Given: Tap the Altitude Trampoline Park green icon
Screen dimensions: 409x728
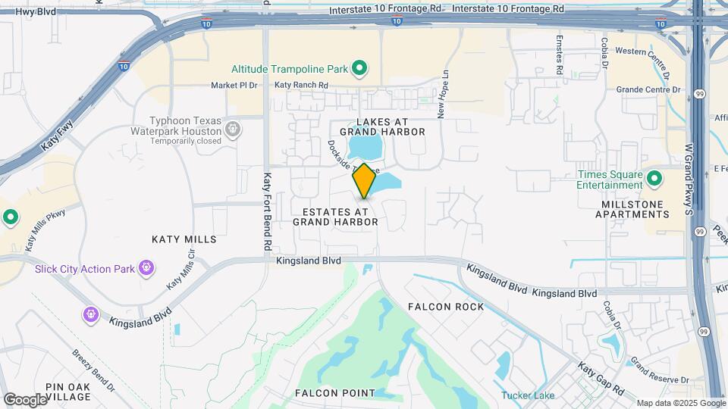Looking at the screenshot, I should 360,69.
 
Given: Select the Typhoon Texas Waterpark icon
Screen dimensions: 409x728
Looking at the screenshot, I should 234,130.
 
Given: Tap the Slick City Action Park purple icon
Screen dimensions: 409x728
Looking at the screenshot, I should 146,268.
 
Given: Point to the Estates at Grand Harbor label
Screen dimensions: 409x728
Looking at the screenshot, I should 335,217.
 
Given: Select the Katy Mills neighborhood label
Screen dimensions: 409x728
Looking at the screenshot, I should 184,239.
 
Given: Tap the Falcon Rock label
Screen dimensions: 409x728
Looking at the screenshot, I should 445,307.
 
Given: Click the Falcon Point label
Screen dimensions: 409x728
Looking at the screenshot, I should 334,393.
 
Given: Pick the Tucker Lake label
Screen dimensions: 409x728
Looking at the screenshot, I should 528,395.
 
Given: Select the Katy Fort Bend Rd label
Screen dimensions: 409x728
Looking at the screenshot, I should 267,212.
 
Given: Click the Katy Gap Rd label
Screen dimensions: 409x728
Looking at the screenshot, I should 601,379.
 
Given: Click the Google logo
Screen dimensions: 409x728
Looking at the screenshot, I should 25,399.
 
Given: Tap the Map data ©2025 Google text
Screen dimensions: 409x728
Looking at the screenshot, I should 680,403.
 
